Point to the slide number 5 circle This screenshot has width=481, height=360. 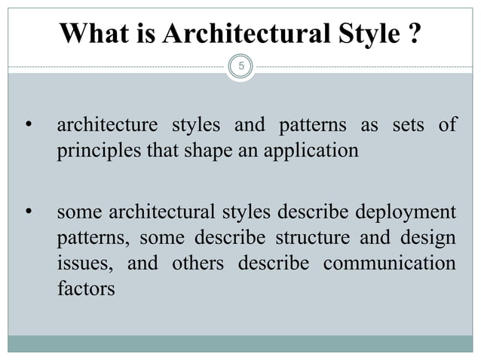[241, 66]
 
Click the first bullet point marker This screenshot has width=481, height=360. [28, 125]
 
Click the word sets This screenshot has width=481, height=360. [410, 125]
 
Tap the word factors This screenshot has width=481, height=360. [86, 290]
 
